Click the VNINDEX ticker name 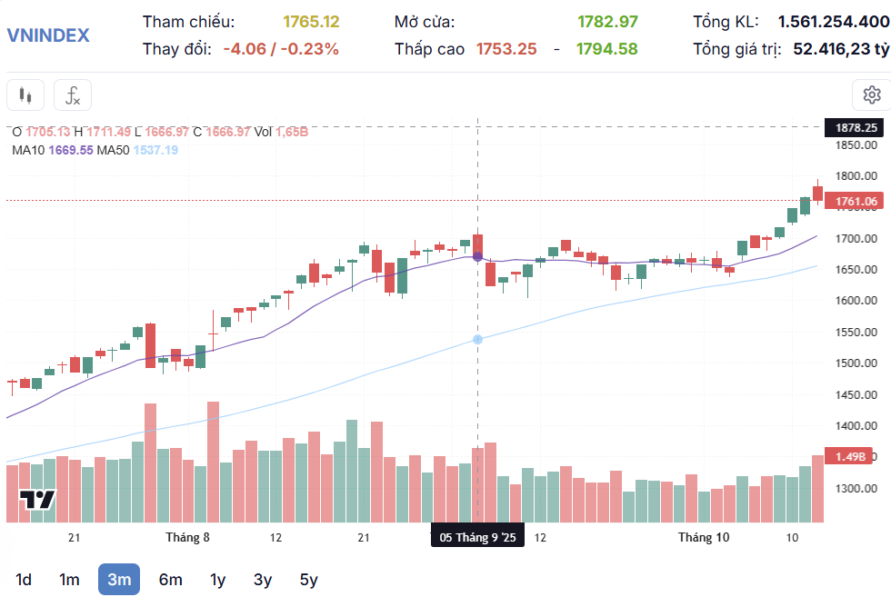point(48,35)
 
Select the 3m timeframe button point(119,579)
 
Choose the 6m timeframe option point(170,579)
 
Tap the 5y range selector point(309,579)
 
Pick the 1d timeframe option point(25,579)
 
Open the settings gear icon point(871,95)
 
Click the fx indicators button point(73,95)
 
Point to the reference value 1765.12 point(311,21)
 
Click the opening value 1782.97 point(607,21)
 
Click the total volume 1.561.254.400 point(834,21)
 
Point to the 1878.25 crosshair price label point(856,127)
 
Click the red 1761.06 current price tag point(856,201)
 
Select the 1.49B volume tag point(856,456)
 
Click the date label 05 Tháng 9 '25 point(477,537)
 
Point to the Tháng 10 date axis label point(704,537)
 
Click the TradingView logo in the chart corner point(38,499)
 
